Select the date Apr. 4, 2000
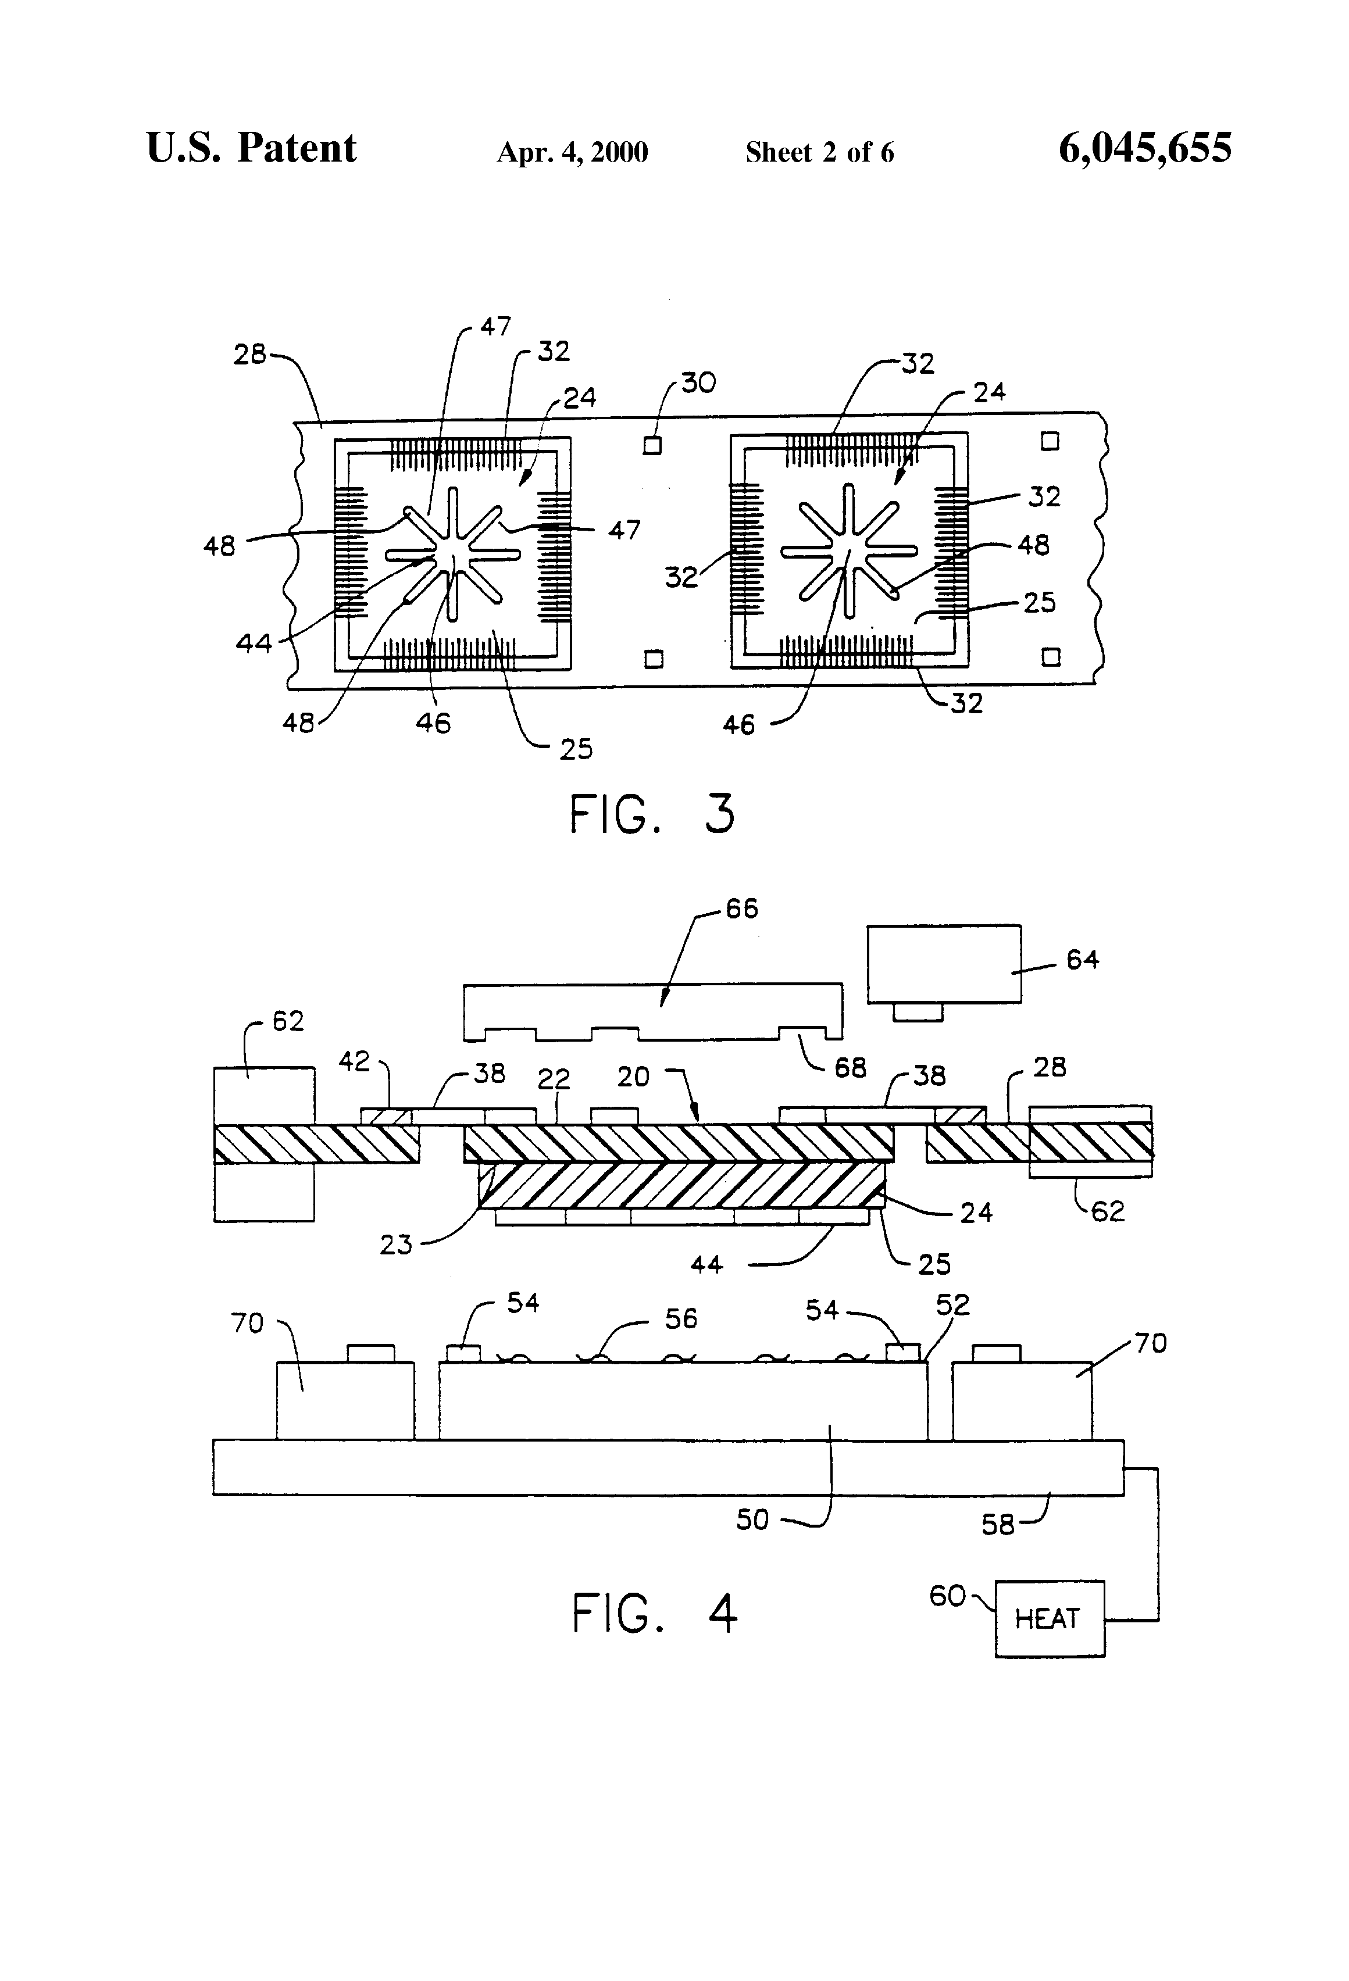572,152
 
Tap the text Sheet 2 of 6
819,152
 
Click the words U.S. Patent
252,148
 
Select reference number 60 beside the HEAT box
947,1596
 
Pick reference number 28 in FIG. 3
249,354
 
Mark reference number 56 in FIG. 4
680,1319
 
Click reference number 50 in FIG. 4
752,1520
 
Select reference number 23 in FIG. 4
395,1245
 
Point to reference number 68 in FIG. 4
850,1067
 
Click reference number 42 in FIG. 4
355,1061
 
